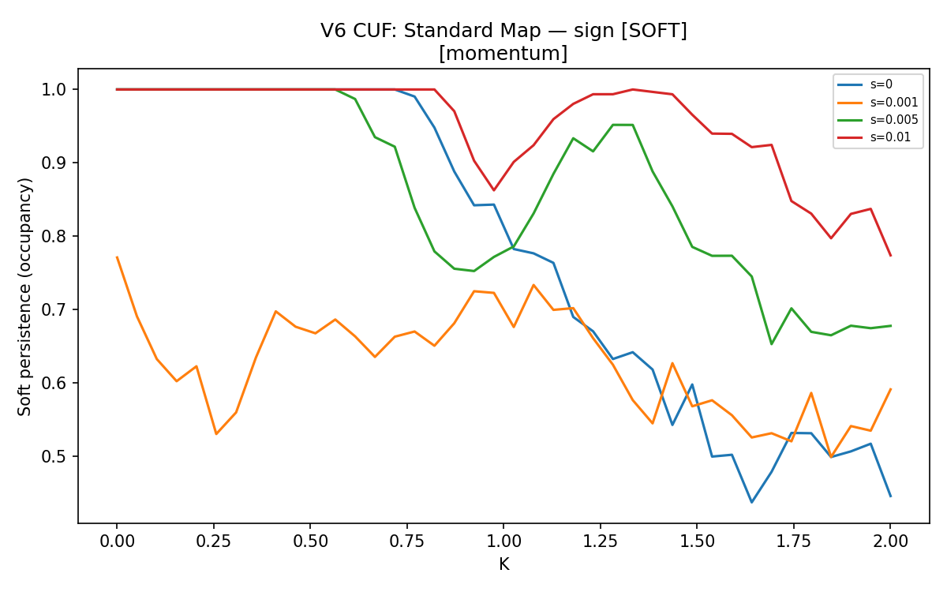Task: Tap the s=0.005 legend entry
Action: click(x=878, y=120)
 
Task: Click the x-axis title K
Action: click(x=504, y=564)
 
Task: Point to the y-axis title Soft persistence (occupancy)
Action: click(x=24, y=297)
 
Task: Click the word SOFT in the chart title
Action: click(x=654, y=31)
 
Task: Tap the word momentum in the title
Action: click(x=503, y=54)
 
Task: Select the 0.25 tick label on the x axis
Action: click(x=214, y=541)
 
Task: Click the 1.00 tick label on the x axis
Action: click(x=503, y=541)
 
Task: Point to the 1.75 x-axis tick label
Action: click(x=794, y=541)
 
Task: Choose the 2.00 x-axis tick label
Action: click(x=890, y=541)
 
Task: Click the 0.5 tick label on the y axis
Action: click(x=54, y=457)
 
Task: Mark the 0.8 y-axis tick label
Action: click(x=54, y=236)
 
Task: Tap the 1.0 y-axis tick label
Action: click(x=54, y=90)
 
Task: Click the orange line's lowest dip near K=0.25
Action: click(x=216, y=434)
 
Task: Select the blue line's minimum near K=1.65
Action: click(x=751, y=502)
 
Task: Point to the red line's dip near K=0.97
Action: click(x=494, y=190)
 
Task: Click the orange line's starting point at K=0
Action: click(x=117, y=257)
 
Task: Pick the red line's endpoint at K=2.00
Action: click(x=891, y=256)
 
